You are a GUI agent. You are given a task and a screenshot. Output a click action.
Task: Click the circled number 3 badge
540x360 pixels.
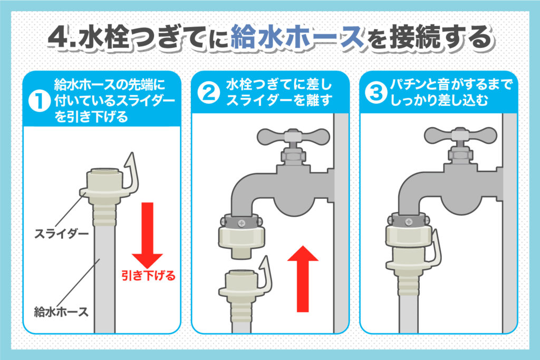click(x=376, y=93)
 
